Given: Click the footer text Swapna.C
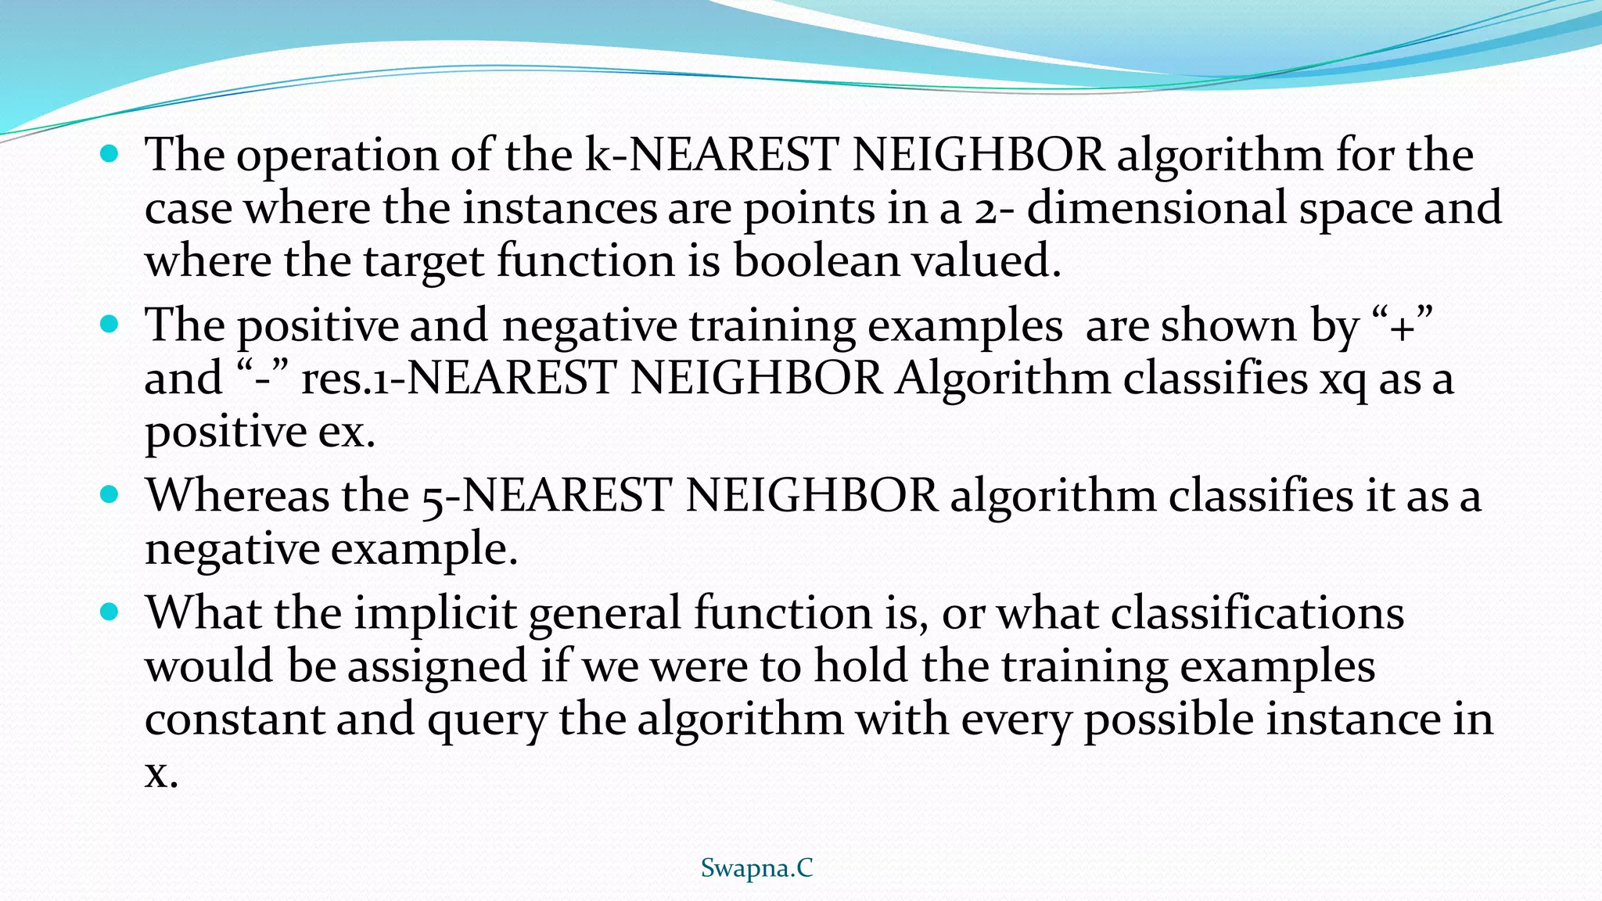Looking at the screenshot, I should [756, 868].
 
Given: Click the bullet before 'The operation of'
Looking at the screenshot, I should [110, 153].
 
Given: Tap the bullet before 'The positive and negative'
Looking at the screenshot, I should [110, 323].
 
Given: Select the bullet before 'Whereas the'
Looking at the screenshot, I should [110, 494].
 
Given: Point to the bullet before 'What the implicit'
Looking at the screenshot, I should [110, 612].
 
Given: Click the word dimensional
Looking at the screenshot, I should [1156, 208].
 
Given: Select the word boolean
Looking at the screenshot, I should [816, 260].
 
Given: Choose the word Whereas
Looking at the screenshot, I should [238, 496].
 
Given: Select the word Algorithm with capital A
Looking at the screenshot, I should [1004, 379].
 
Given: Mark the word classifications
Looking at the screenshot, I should [1257, 612].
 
